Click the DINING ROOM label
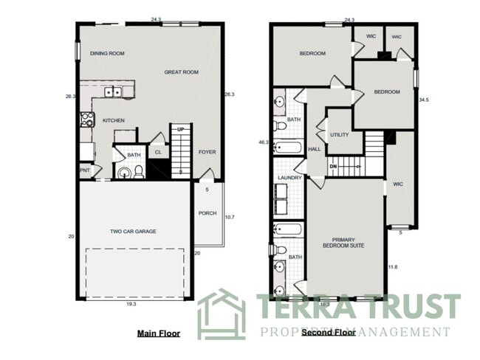[107, 54]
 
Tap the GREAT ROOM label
[181, 72]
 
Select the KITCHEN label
[113, 120]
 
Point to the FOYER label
[207, 153]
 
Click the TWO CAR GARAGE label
[133, 232]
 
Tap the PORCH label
[207, 214]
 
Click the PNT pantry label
[85, 170]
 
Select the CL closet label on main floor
[157, 153]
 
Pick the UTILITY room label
[340, 135]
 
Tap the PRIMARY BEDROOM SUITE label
[343, 243]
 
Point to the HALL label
[314, 149]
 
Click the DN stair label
[333, 166]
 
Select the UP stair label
[180, 128]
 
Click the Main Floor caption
[158, 333]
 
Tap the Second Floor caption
[329, 333]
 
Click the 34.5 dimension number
[424, 99]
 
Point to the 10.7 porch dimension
[229, 217]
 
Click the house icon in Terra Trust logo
[221, 314]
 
